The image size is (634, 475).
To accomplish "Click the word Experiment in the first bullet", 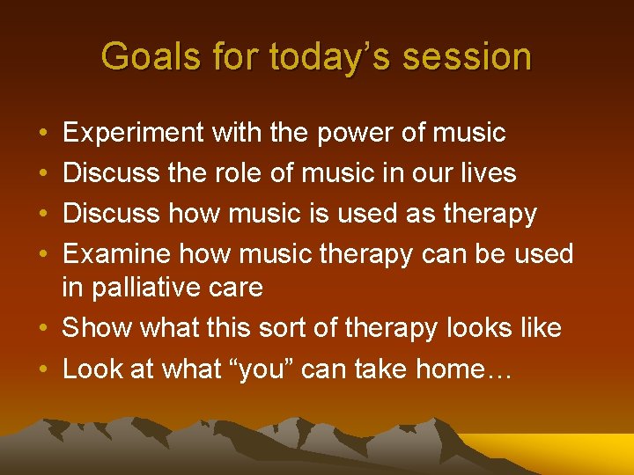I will (x=131, y=133).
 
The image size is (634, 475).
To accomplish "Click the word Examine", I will (x=117, y=254).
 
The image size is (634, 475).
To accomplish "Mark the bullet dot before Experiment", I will (x=44, y=134).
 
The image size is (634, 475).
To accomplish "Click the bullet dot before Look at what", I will (x=44, y=369).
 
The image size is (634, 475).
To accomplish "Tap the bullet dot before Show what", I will (x=44, y=328).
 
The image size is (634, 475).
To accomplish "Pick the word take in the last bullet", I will (x=385, y=369).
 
